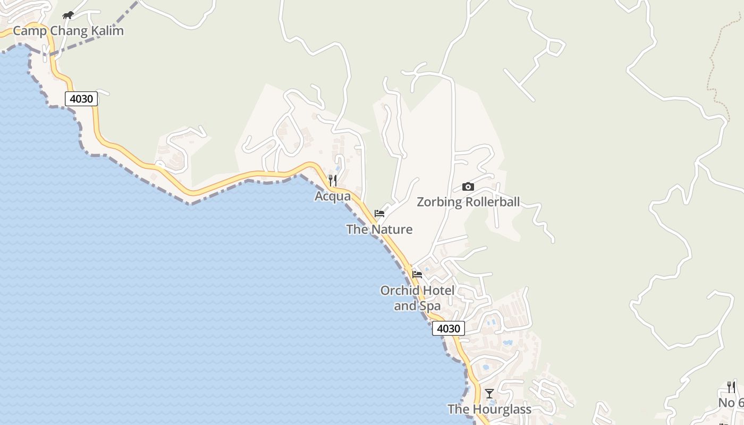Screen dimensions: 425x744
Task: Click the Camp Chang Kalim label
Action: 68,31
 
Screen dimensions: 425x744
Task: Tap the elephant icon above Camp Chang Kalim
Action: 67,15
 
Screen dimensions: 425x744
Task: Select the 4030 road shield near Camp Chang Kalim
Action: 81,99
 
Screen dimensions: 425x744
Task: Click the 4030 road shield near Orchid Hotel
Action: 448,328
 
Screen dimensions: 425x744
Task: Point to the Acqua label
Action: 333,197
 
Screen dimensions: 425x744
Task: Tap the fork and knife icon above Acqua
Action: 333,181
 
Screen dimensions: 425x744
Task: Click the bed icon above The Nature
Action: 379,214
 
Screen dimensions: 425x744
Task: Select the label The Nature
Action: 379,229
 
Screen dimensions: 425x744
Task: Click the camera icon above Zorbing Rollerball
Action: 468,186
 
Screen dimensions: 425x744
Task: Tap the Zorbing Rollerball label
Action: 468,202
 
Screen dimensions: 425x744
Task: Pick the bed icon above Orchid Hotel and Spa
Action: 417,275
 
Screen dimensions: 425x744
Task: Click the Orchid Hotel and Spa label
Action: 417,298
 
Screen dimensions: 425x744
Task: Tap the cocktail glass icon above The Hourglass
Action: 489,394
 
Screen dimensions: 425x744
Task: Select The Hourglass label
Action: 489,409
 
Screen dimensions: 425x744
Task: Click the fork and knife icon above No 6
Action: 731,387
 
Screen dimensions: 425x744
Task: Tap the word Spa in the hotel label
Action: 430,306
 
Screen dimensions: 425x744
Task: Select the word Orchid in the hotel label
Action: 397,291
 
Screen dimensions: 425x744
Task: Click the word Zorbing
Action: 439,202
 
